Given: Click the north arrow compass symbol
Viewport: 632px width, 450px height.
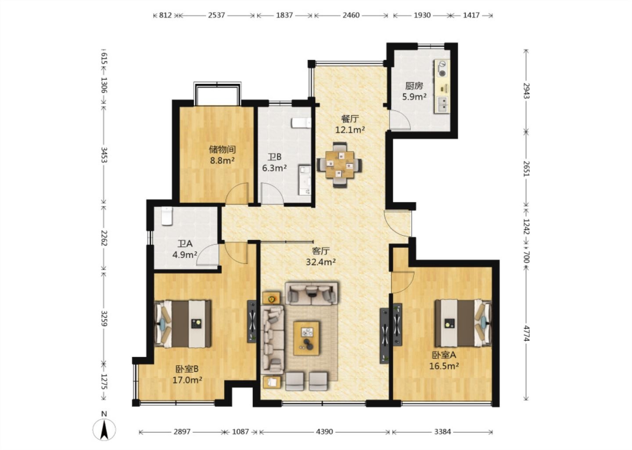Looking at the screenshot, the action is (104, 429).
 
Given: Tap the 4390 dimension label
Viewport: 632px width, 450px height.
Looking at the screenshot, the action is (324, 432).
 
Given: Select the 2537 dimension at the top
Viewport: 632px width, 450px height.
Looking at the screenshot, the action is (216, 15).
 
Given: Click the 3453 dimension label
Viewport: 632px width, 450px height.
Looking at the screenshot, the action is (104, 155).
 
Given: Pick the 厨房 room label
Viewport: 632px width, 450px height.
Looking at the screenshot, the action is (414, 86).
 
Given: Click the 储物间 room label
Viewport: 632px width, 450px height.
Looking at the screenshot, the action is (223, 149).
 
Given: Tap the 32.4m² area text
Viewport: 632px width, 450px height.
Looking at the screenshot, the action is (321, 262).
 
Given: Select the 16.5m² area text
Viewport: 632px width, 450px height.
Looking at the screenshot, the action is (444, 366).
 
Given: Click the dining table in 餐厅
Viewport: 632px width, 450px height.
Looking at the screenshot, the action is (339, 164).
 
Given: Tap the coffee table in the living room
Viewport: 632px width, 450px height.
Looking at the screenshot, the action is (306, 338).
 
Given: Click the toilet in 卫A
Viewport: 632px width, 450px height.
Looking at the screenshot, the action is (167, 216).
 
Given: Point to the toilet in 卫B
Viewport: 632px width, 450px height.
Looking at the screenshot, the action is (302, 123).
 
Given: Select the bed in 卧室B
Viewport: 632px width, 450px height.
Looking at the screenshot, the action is (183, 324).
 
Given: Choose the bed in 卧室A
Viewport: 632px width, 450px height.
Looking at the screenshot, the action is (463, 323).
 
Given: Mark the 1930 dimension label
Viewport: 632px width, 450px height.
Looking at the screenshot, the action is (422, 15).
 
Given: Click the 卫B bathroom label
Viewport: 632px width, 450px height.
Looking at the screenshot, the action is (275, 157).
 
